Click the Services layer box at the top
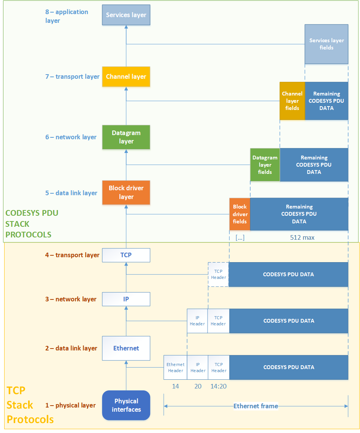(126, 15)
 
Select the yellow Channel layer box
(126, 76)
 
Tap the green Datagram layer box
(126, 137)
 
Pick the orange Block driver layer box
(126, 193)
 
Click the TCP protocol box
(126, 255)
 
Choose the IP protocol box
(126, 299)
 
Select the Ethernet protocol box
(126, 348)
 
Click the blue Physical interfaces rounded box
(126, 405)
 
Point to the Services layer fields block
(327, 44)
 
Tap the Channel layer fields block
(292, 101)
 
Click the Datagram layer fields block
(265, 165)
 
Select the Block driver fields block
(240, 214)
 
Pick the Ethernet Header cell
(175, 368)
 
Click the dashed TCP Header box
(219, 274)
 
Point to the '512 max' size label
(302, 237)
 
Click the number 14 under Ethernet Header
(175, 386)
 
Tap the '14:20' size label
(219, 386)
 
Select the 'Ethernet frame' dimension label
(256, 406)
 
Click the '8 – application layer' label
(67, 16)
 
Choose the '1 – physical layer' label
(70, 405)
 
